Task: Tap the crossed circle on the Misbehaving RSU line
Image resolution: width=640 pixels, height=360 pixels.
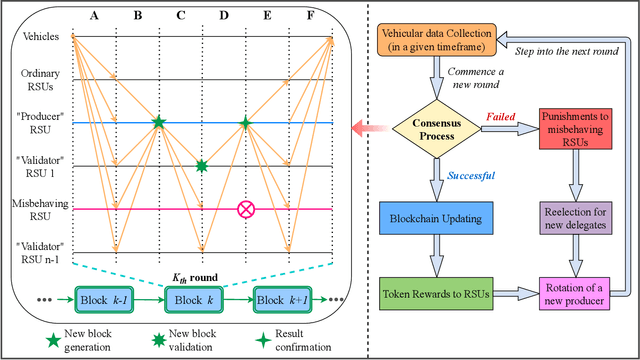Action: [x=244, y=209]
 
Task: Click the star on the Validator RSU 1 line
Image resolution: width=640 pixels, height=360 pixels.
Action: [x=201, y=166]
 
